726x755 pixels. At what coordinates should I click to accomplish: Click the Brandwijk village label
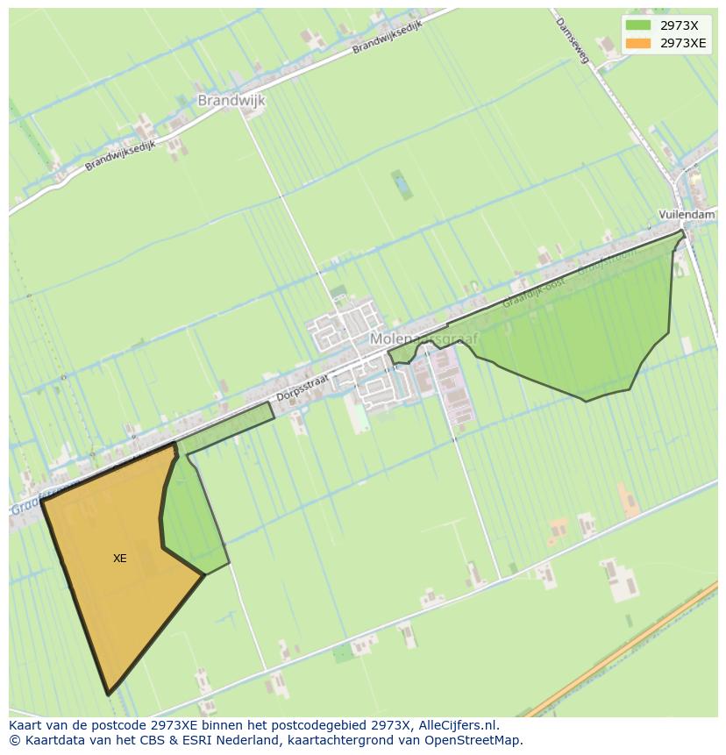pyautogui.click(x=231, y=100)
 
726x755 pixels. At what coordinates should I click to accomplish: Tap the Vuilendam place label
pyautogui.click(x=687, y=214)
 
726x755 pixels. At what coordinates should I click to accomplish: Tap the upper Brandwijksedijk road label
pyautogui.click(x=387, y=38)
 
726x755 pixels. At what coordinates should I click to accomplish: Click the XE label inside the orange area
pyautogui.click(x=120, y=559)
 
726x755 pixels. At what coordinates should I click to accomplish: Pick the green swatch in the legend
pyautogui.click(x=638, y=25)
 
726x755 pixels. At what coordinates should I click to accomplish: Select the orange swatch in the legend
pyautogui.click(x=638, y=43)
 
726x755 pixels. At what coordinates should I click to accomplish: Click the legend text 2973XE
pyautogui.click(x=683, y=43)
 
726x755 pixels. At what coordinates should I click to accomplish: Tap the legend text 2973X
pyautogui.click(x=680, y=25)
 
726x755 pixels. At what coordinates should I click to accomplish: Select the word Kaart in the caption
pyautogui.click(x=26, y=725)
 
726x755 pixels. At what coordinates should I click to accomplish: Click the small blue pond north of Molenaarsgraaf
pyautogui.click(x=401, y=185)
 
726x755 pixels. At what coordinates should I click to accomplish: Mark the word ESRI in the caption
pyautogui.click(x=199, y=740)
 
